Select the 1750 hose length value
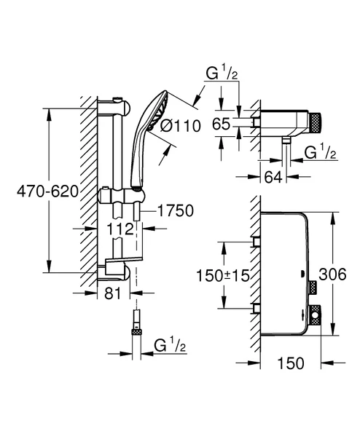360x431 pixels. (175, 211)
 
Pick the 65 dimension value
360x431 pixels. (219, 124)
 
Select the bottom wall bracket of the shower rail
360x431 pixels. (120, 272)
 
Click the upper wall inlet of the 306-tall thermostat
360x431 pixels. (257, 242)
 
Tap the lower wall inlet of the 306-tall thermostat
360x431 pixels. (257, 307)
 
